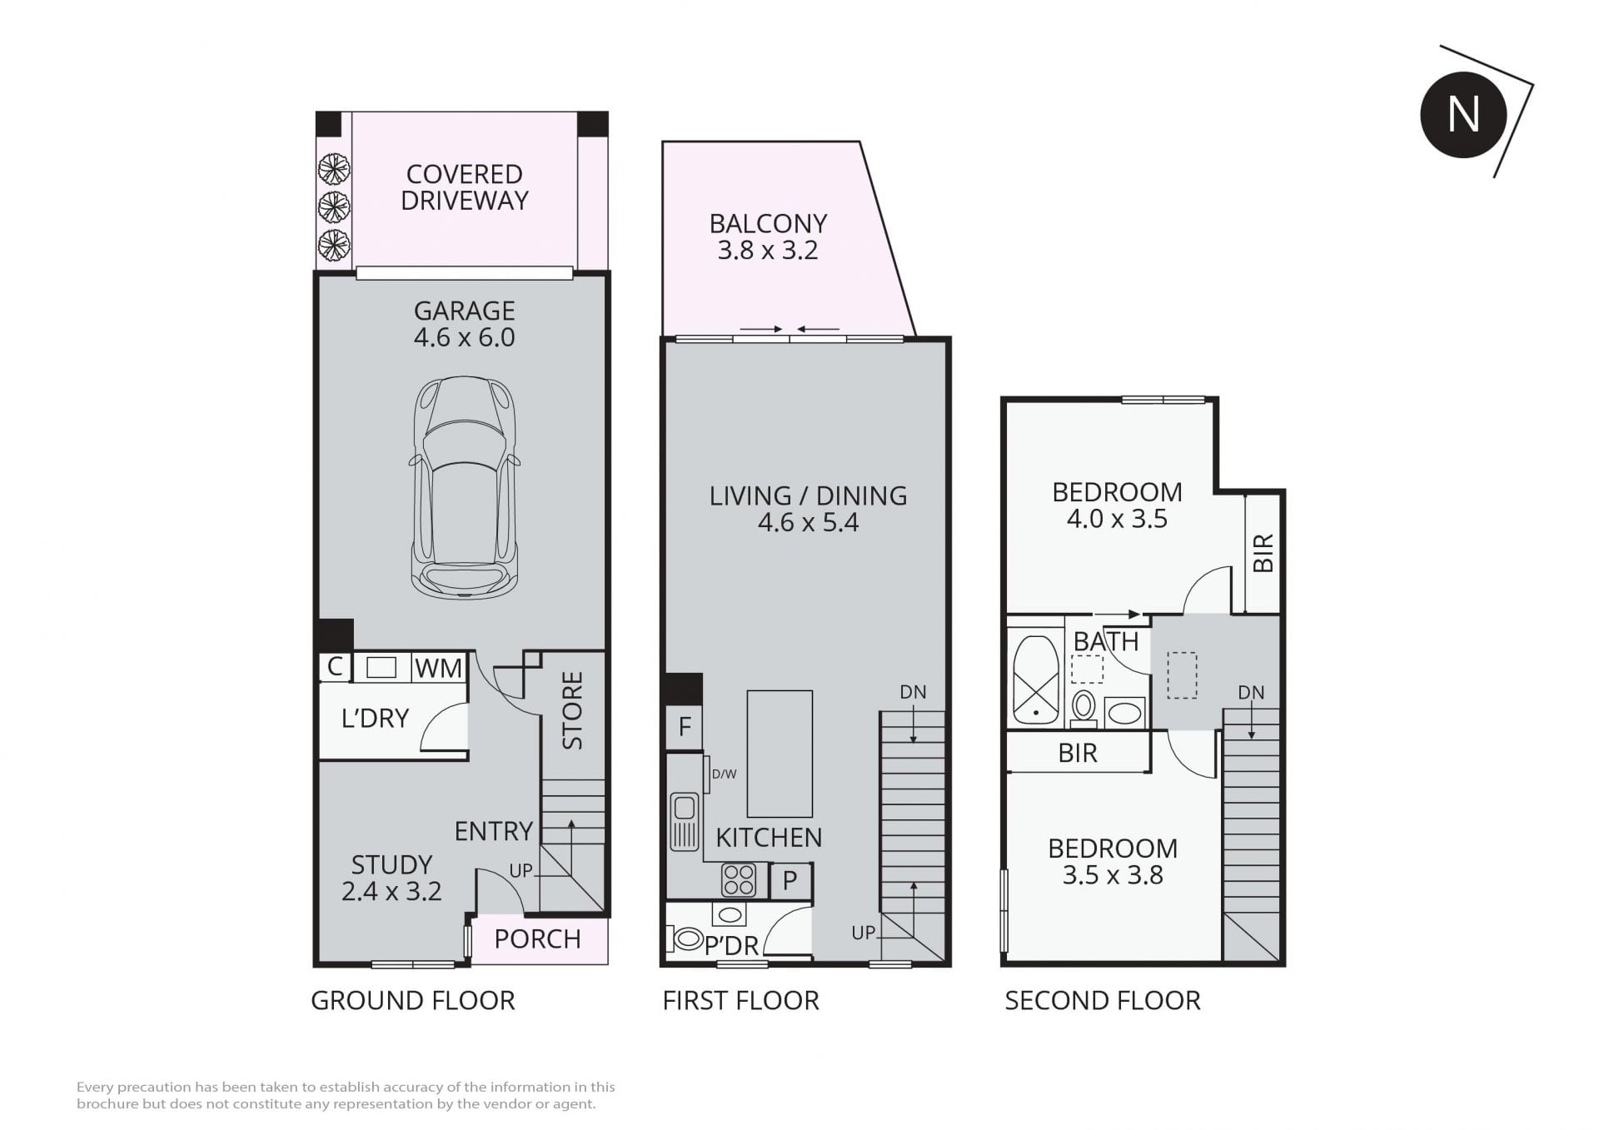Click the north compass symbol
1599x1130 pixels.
pyautogui.click(x=1463, y=115)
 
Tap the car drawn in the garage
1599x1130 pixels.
pyautogui.click(x=465, y=488)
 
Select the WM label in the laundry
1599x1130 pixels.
pyautogui.click(x=438, y=668)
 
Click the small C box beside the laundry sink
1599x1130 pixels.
pyautogui.click(x=335, y=666)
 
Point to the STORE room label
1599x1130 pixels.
pyautogui.click(x=573, y=710)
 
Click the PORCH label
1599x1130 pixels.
pyautogui.click(x=537, y=939)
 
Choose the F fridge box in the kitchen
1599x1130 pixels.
pyautogui.click(x=685, y=727)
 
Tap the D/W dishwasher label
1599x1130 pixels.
pyautogui.click(x=724, y=774)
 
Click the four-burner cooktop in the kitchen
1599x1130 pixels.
pyautogui.click(x=739, y=880)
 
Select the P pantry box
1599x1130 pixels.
pyautogui.click(x=790, y=880)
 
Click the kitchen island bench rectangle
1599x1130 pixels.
pyautogui.click(x=780, y=754)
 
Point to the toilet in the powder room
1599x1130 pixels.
pyautogui.click(x=685, y=939)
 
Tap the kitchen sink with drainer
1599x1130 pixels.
pyautogui.click(x=685, y=821)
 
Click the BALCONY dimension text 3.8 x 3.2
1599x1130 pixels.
pyautogui.click(x=768, y=251)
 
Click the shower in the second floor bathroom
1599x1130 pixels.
pyautogui.click(x=1036, y=680)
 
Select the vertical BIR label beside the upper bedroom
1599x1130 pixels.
pyautogui.click(x=1263, y=553)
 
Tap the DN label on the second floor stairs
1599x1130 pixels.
pyautogui.click(x=1251, y=693)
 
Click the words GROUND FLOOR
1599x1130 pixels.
pyautogui.click(x=413, y=1000)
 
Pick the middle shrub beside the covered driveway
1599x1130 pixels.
pyautogui.click(x=333, y=207)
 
